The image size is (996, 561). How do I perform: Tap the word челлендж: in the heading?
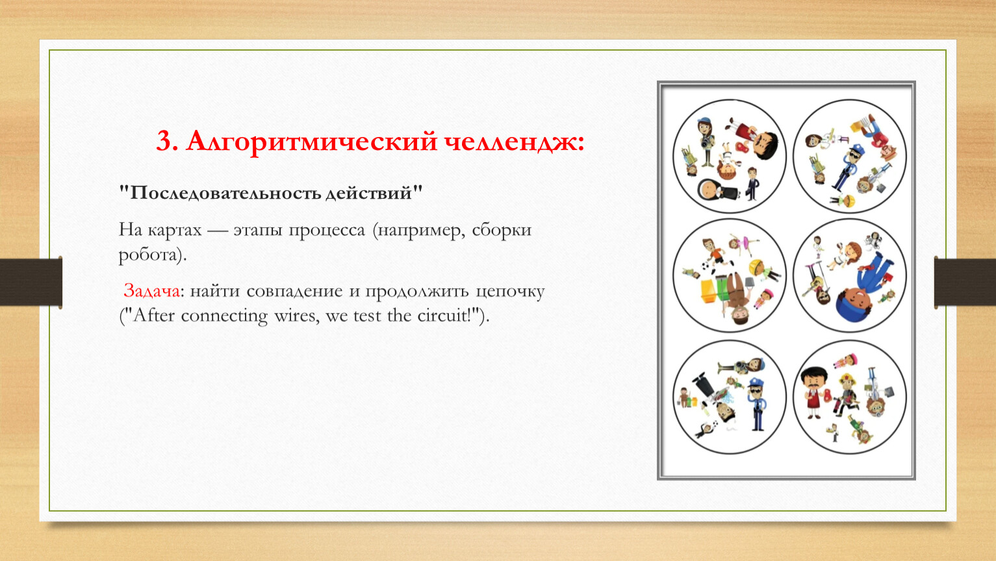tap(514, 142)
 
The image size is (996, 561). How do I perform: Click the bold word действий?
tap(368, 193)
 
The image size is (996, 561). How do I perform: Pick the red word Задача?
tap(151, 291)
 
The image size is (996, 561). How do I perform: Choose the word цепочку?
tap(509, 292)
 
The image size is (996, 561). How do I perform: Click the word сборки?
tap(502, 230)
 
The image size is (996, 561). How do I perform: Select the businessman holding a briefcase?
tap(752, 183)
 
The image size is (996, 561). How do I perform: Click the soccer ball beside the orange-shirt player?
tap(705, 267)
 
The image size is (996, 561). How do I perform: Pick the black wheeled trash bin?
tap(702, 384)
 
